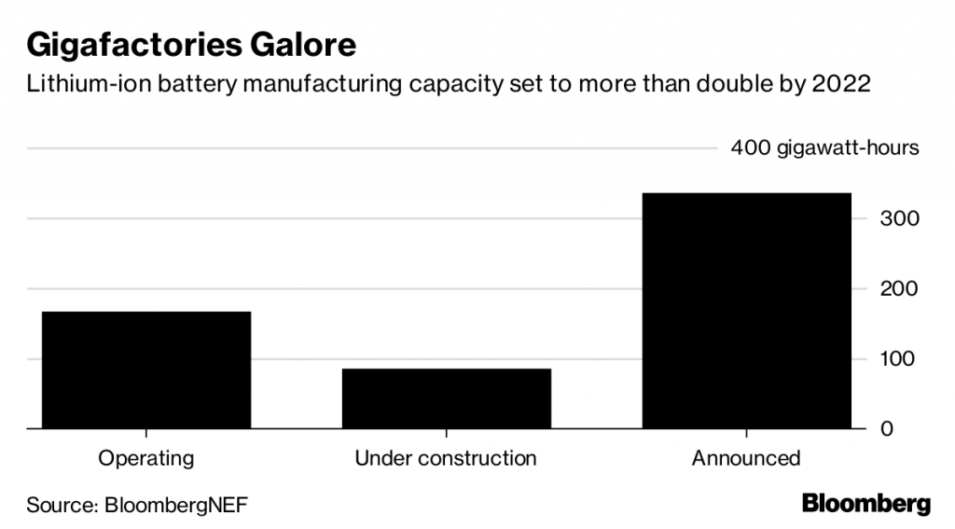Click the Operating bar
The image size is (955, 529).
(x=146, y=369)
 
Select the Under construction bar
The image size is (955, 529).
(x=446, y=398)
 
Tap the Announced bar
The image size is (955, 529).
(x=745, y=311)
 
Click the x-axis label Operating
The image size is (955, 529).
(x=146, y=458)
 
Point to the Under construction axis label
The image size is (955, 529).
(x=446, y=458)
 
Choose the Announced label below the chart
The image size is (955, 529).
(x=745, y=458)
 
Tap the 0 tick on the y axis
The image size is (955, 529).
(x=889, y=429)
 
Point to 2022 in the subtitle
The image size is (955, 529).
(x=841, y=83)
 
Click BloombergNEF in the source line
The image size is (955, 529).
(x=176, y=505)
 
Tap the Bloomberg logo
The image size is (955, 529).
(x=866, y=504)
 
